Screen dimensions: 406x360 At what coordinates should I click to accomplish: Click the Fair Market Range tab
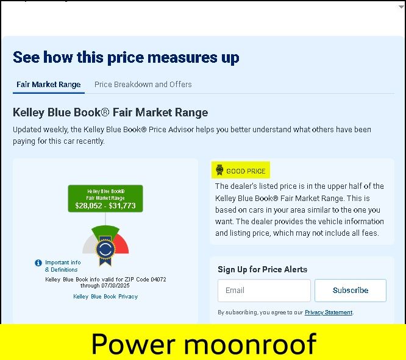pyautogui.click(x=48, y=85)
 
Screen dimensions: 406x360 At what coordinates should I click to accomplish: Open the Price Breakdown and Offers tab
pyautogui.click(x=143, y=85)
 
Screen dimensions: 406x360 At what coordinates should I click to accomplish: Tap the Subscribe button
pyautogui.click(x=351, y=290)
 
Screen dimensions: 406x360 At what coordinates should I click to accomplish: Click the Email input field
pyautogui.click(x=264, y=290)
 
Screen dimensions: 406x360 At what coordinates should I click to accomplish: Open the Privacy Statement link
pyautogui.click(x=329, y=312)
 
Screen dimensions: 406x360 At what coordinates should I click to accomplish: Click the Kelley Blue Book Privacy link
pyautogui.click(x=105, y=296)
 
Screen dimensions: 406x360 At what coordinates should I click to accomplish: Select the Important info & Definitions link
pyautogui.click(x=63, y=266)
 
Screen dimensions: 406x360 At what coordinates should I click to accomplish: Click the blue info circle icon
pyautogui.click(x=38, y=263)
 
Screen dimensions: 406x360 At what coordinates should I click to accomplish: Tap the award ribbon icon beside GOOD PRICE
pyautogui.click(x=219, y=170)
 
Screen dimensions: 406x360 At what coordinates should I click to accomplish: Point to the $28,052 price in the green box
pyautogui.click(x=88, y=206)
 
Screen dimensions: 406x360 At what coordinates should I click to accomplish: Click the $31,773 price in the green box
pyautogui.click(x=122, y=206)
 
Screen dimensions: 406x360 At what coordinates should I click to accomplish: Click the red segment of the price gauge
pyautogui.click(x=122, y=245)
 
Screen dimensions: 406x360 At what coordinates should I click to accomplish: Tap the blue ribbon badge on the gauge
pyautogui.click(x=105, y=250)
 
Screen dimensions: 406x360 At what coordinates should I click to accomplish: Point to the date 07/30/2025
pyautogui.click(x=115, y=286)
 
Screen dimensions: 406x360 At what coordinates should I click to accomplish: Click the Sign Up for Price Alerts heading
pyautogui.click(x=263, y=269)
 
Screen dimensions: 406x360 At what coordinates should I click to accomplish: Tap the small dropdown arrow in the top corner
pyautogui.click(x=401, y=7)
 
